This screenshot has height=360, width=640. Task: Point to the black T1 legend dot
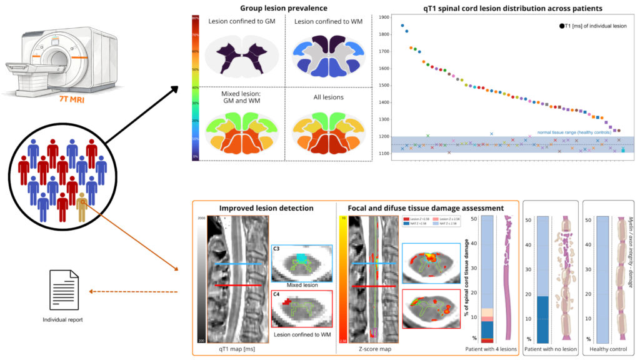[x=562, y=26]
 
